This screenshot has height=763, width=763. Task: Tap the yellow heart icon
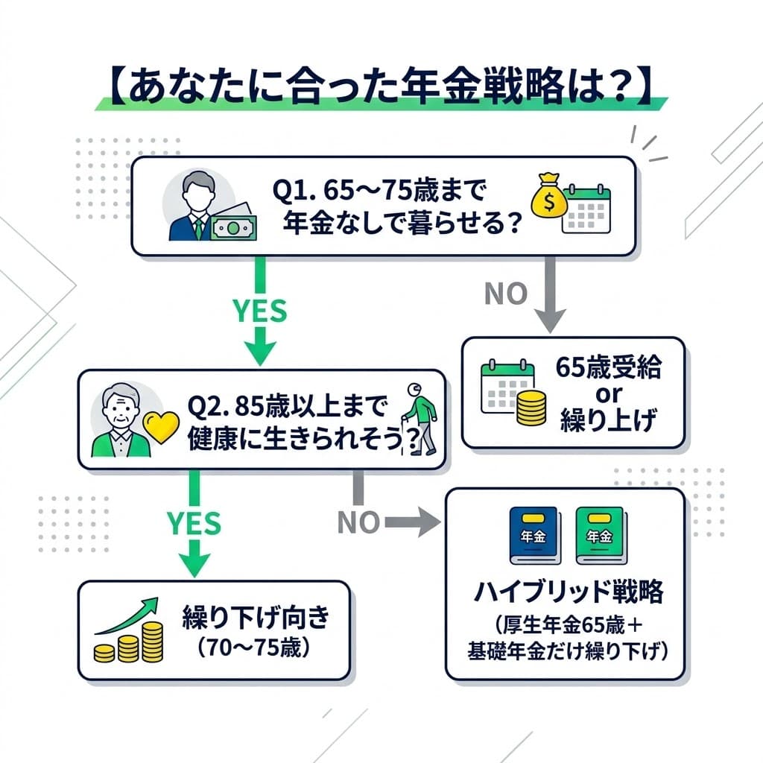pos(161,428)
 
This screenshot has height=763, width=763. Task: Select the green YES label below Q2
pos(194,524)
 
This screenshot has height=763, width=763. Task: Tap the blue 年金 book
pos(534,535)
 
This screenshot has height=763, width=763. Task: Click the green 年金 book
pos(598,535)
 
